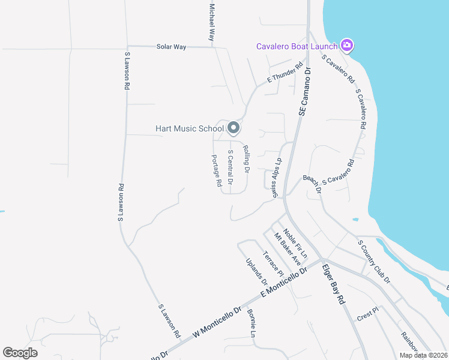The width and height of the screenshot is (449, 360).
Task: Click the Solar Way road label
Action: pyautogui.click(x=171, y=46)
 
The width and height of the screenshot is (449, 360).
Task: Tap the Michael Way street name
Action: pyautogui.click(x=211, y=22)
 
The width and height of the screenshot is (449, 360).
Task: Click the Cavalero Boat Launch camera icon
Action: pyautogui.click(x=346, y=46)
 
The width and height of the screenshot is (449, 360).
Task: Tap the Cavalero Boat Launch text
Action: pyautogui.click(x=297, y=46)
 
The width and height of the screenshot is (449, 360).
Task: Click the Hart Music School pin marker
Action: pyautogui.click(x=234, y=128)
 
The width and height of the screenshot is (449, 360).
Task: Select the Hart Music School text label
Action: pyautogui.click(x=190, y=128)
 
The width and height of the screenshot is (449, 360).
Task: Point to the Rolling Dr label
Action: pyautogui.click(x=246, y=159)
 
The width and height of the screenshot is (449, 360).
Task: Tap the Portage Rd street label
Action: pyautogui.click(x=217, y=171)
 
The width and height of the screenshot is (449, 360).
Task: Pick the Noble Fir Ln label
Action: pyautogui.click(x=295, y=244)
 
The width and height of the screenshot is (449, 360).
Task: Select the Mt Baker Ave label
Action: pyautogui.click(x=287, y=249)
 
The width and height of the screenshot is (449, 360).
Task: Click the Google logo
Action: pyautogui.click(x=20, y=352)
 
